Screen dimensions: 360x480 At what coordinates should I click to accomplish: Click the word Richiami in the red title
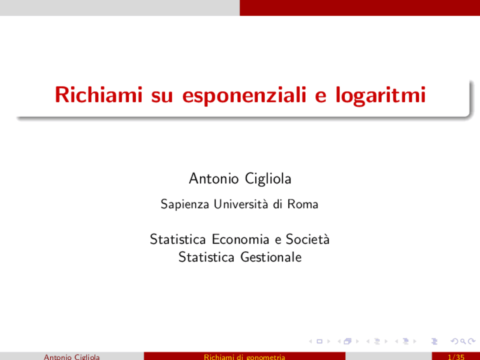[99, 94]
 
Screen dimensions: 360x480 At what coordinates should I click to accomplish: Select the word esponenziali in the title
[244, 95]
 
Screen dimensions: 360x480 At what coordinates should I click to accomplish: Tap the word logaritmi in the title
[380, 95]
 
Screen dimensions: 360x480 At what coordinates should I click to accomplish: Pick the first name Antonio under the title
[214, 178]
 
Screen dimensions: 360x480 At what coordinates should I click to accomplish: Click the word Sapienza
[185, 204]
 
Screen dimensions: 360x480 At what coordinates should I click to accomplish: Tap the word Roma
[303, 204]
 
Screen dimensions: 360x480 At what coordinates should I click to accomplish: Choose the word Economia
[240, 239]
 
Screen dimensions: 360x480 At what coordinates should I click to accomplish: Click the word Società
[307, 239]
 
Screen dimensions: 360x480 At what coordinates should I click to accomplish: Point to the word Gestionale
[271, 257]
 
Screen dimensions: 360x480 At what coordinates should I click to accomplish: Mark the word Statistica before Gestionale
[206, 257]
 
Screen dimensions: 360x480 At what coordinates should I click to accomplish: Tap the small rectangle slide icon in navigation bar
[319, 341]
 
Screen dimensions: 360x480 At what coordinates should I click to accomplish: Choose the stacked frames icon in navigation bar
[348, 341]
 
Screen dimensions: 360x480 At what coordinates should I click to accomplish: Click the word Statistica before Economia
[178, 239]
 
